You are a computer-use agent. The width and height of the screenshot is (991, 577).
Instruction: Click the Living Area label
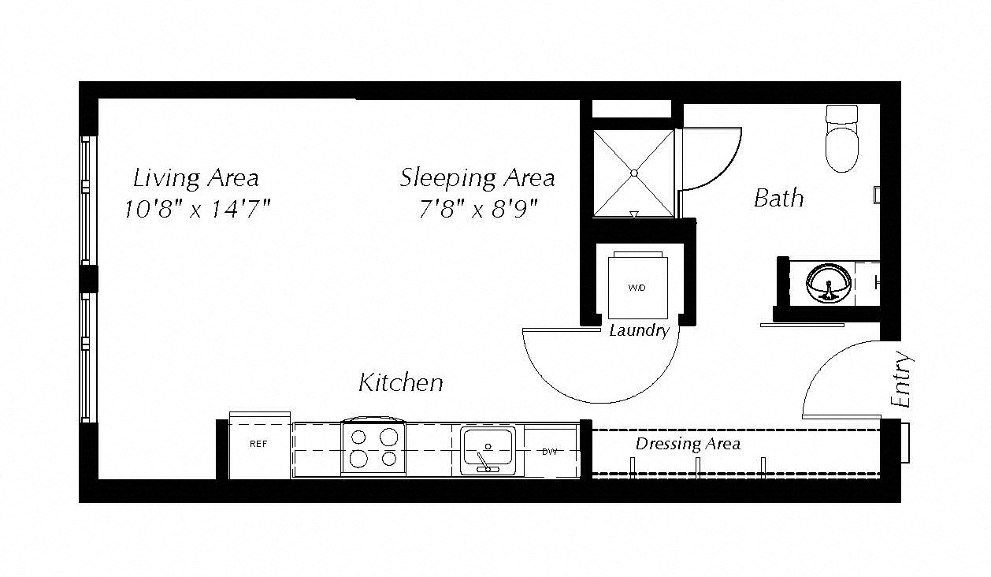point(196,179)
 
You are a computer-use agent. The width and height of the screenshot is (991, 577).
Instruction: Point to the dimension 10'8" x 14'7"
point(197,209)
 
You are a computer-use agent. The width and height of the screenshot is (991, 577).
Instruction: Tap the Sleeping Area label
point(477,179)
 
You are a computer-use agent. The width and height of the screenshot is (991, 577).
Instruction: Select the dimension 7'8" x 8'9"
point(478,209)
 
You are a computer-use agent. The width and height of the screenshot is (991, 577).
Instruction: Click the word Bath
point(779,198)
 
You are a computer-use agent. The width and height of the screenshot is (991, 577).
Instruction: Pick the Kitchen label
point(401,382)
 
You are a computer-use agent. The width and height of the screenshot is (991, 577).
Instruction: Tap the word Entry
point(901,379)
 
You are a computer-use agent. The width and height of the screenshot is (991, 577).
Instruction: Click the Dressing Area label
point(688,444)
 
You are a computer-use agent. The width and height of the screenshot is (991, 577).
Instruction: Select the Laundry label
point(640,331)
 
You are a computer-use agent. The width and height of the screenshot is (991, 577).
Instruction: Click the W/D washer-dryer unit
point(637,285)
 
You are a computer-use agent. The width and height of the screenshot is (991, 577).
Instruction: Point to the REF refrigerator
point(259,445)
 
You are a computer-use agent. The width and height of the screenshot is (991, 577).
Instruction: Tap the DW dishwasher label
point(550,452)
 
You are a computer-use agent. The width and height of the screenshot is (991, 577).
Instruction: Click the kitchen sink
point(488,451)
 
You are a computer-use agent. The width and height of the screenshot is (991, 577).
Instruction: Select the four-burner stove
point(373,447)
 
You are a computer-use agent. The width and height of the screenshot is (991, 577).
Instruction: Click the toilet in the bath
point(842,138)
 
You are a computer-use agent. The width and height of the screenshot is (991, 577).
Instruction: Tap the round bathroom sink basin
point(829,284)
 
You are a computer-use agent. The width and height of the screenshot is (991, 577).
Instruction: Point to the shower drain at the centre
point(634,173)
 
